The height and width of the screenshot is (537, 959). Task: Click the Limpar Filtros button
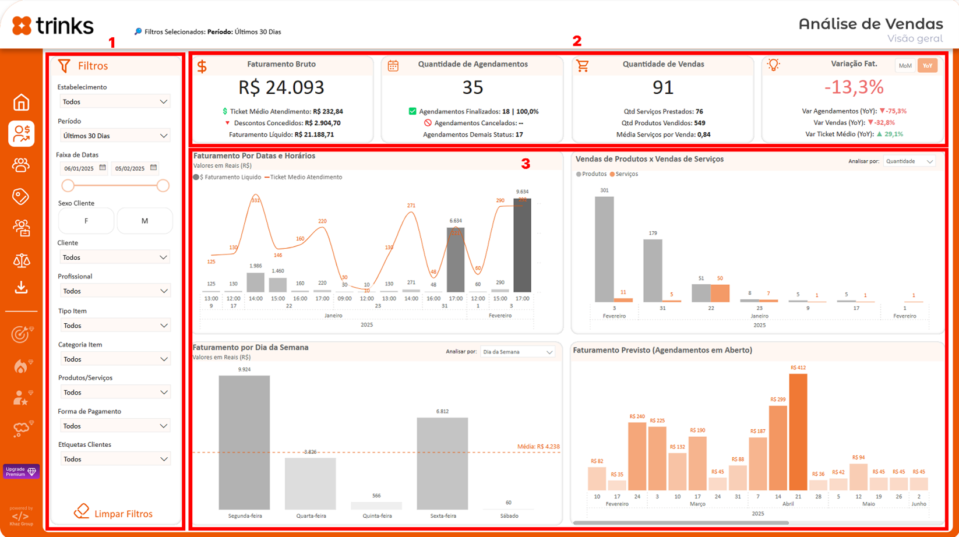pyautogui.click(x=114, y=513)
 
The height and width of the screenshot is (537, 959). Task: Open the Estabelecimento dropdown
pyautogui.click(x=115, y=101)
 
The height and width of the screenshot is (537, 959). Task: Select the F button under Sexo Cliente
pyautogui.click(x=86, y=221)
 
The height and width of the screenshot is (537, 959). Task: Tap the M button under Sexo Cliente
pyautogui.click(x=144, y=221)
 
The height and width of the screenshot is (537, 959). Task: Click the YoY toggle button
pyautogui.click(x=927, y=66)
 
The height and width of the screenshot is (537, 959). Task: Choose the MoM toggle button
pyautogui.click(x=905, y=66)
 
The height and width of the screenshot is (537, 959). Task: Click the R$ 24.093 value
pyautogui.click(x=281, y=87)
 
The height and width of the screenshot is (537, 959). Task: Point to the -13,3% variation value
pyautogui.click(x=854, y=87)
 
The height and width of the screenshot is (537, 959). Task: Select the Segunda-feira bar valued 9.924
pyautogui.click(x=244, y=442)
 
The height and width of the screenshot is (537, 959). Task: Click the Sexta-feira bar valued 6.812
pyautogui.click(x=442, y=463)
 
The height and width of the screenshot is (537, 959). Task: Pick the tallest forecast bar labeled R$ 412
pyautogui.click(x=798, y=432)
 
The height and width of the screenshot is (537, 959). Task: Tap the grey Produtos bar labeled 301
pyautogui.click(x=604, y=249)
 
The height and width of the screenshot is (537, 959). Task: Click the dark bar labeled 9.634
pyautogui.click(x=522, y=245)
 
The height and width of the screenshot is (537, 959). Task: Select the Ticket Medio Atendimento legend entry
pyautogui.click(x=304, y=177)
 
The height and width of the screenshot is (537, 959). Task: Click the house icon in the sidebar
pyautogui.click(x=22, y=103)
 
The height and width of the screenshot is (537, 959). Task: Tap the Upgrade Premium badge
pyautogui.click(x=21, y=471)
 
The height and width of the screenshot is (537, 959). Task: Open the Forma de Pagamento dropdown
pyautogui.click(x=115, y=426)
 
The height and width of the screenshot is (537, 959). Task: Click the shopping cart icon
pyautogui.click(x=583, y=66)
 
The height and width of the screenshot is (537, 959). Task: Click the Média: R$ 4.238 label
pyautogui.click(x=538, y=447)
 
